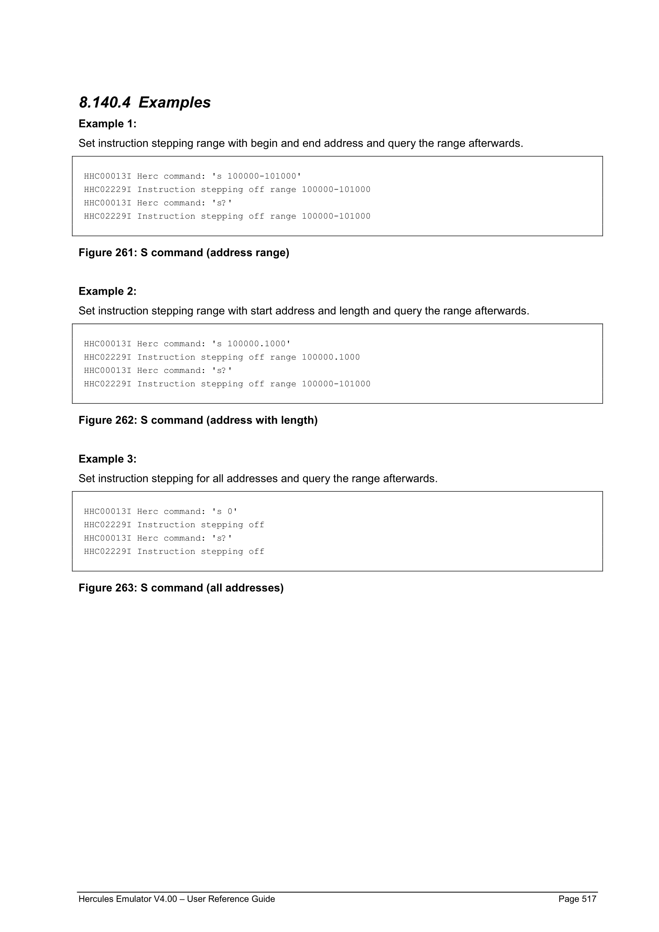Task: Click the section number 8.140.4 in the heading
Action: pyautogui.click(x=105, y=102)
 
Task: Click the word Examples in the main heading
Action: pyautogui.click(x=174, y=102)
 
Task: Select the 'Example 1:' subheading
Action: pyautogui.click(x=108, y=124)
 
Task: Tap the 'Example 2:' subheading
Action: pyautogui.click(x=108, y=292)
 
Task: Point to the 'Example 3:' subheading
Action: pyautogui.click(x=108, y=459)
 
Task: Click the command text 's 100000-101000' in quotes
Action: pyautogui.click(x=257, y=176)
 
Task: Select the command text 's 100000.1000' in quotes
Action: pyautogui.click(x=251, y=344)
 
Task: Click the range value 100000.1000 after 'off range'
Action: pyautogui.click(x=331, y=357)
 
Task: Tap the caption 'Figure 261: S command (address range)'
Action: pyautogui.click(x=184, y=253)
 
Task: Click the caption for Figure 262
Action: pyautogui.click(x=198, y=420)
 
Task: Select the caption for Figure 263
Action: pyautogui.click(x=181, y=588)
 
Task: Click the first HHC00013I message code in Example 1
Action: pyautogui.click(x=108, y=176)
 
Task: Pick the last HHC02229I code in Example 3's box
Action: pyautogui.click(x=108, y=552)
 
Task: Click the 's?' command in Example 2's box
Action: pyautogui.click(x=222, y=371)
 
